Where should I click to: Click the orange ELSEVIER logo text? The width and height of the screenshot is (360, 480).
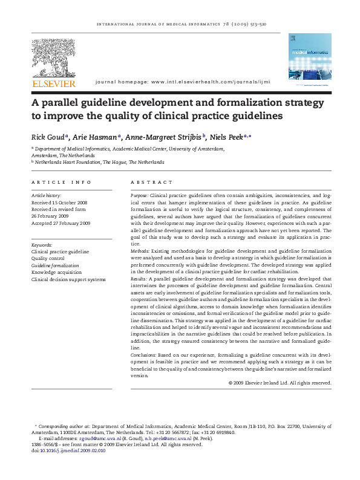coord(54,83)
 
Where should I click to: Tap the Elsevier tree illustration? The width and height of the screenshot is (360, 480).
coord(54,58)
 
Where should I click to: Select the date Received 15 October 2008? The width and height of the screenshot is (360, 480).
coord(59,203)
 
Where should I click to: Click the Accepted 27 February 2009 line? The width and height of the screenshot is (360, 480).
coord(61,223)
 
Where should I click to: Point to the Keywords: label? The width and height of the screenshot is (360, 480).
coord(42,245)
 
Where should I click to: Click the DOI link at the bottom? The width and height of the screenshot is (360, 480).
coord(71,450)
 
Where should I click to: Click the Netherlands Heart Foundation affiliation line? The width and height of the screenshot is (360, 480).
coord(99,162)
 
